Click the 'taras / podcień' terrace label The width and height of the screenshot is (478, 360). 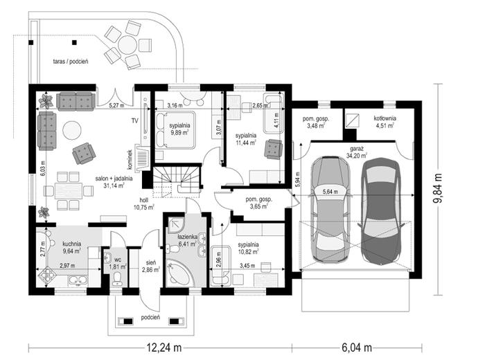(x=71, y=62)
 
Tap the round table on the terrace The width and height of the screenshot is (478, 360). (x=127, y=45)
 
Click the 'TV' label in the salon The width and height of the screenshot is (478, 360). (x=135, y=121)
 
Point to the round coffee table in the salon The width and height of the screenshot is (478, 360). (x=72, y=130)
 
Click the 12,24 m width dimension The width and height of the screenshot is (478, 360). (x=164, y=348)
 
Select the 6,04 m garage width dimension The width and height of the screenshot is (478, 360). (x=357, y=348)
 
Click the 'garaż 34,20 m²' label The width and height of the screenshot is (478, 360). (x=356, y=152)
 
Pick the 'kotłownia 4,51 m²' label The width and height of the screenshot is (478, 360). (x=384, y=121)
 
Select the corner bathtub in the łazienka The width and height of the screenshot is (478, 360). (x=179, y=273)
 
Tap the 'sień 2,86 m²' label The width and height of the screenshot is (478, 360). (x=151, y=266)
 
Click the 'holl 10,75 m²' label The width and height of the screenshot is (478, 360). (x=144, y=204)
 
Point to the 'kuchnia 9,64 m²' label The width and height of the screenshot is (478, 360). (x=71, y=247)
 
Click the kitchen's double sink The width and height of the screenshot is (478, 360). (x=78, y=280)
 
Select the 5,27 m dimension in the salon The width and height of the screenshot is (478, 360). (x=117, y=106)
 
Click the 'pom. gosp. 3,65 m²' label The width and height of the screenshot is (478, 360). (x=258, y=203)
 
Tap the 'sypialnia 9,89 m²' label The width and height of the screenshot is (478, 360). (x=180, y=129)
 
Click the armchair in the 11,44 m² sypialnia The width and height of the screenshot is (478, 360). (x=274, y=149)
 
